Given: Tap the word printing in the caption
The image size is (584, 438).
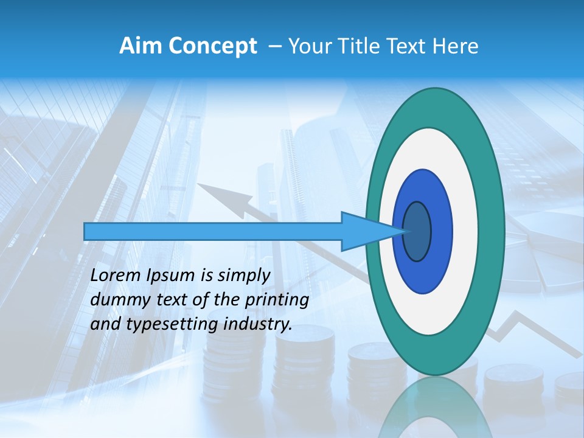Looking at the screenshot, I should click(277, 301).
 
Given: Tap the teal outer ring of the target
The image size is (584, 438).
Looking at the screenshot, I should click(491, 231).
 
